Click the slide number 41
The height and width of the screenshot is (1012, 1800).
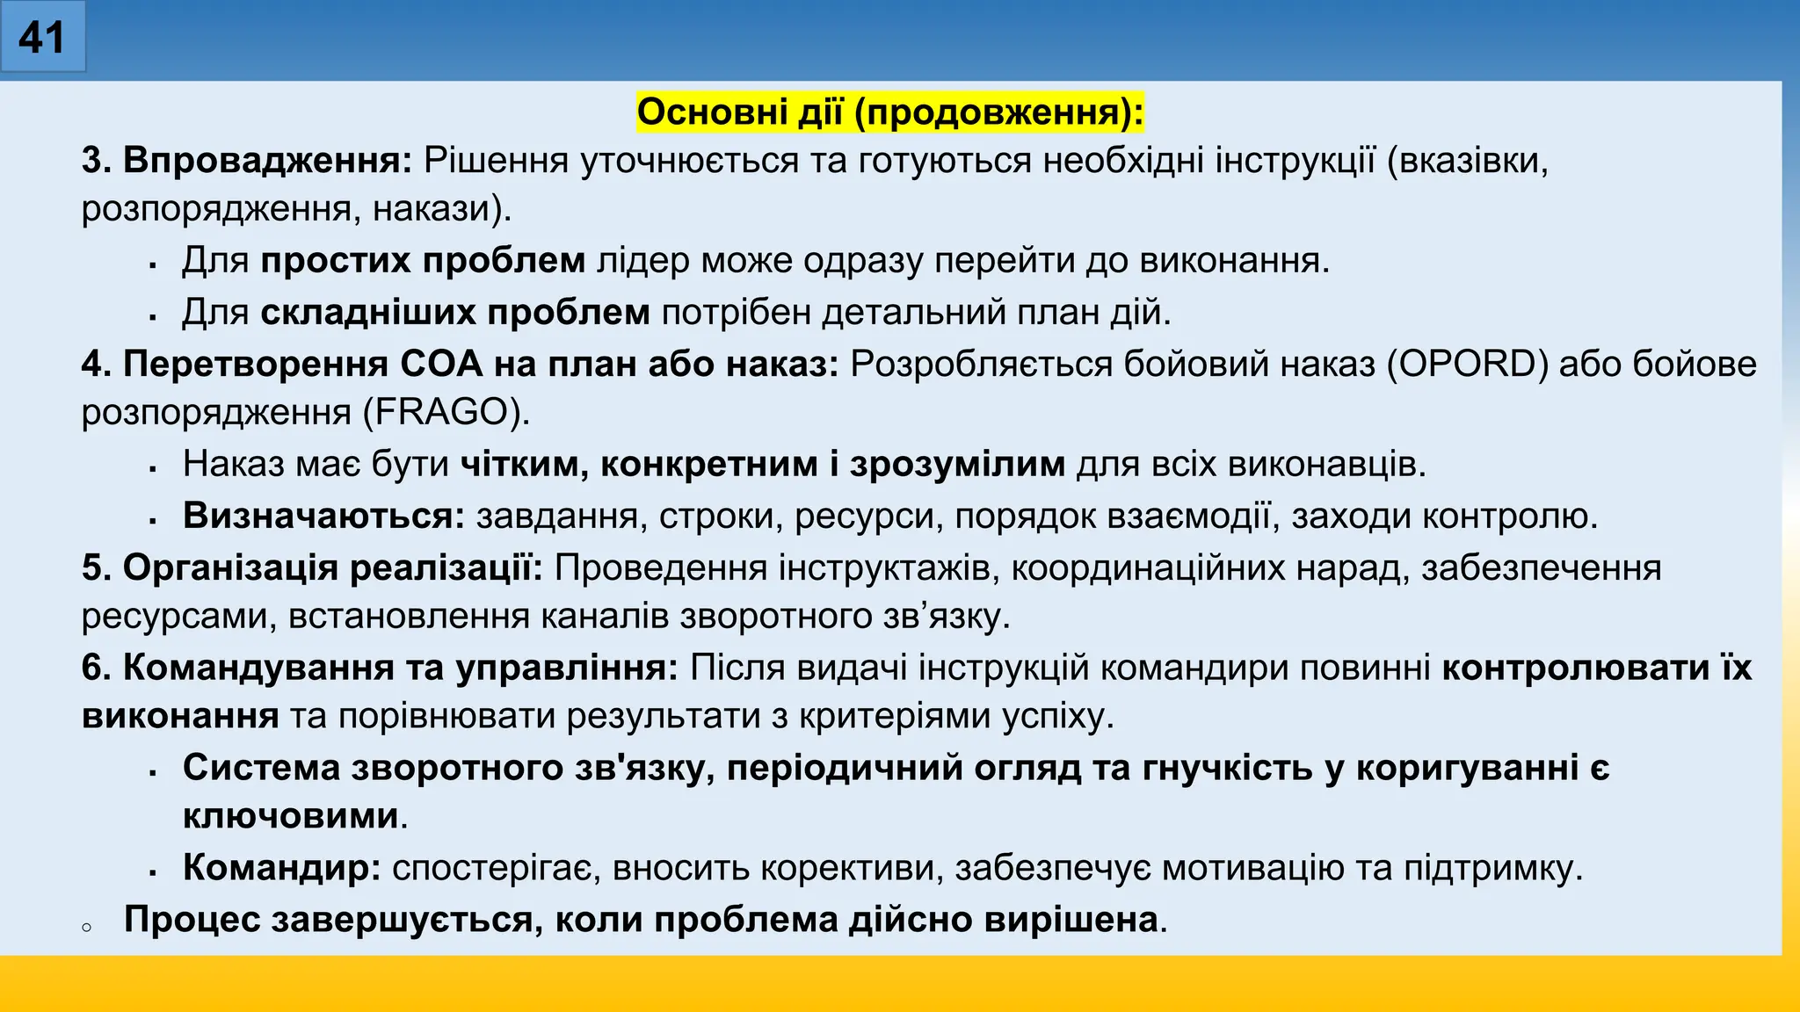(41, 38)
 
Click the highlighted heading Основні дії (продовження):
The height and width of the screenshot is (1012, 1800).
(889, 112)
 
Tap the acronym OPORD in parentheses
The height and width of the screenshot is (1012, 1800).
(1467, 364)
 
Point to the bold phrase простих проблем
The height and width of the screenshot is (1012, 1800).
(423, 261)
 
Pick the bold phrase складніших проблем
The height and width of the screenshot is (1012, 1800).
(455, 312)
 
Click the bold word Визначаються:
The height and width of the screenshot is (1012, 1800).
(323, 516)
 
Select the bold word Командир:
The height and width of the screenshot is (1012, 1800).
(281, 868)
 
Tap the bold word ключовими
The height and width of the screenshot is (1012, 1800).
(291, 816)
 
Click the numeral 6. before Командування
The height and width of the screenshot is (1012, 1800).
(95, 668)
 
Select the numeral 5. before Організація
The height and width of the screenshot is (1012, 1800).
(95, 567)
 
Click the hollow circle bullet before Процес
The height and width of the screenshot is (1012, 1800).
(86, 927)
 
